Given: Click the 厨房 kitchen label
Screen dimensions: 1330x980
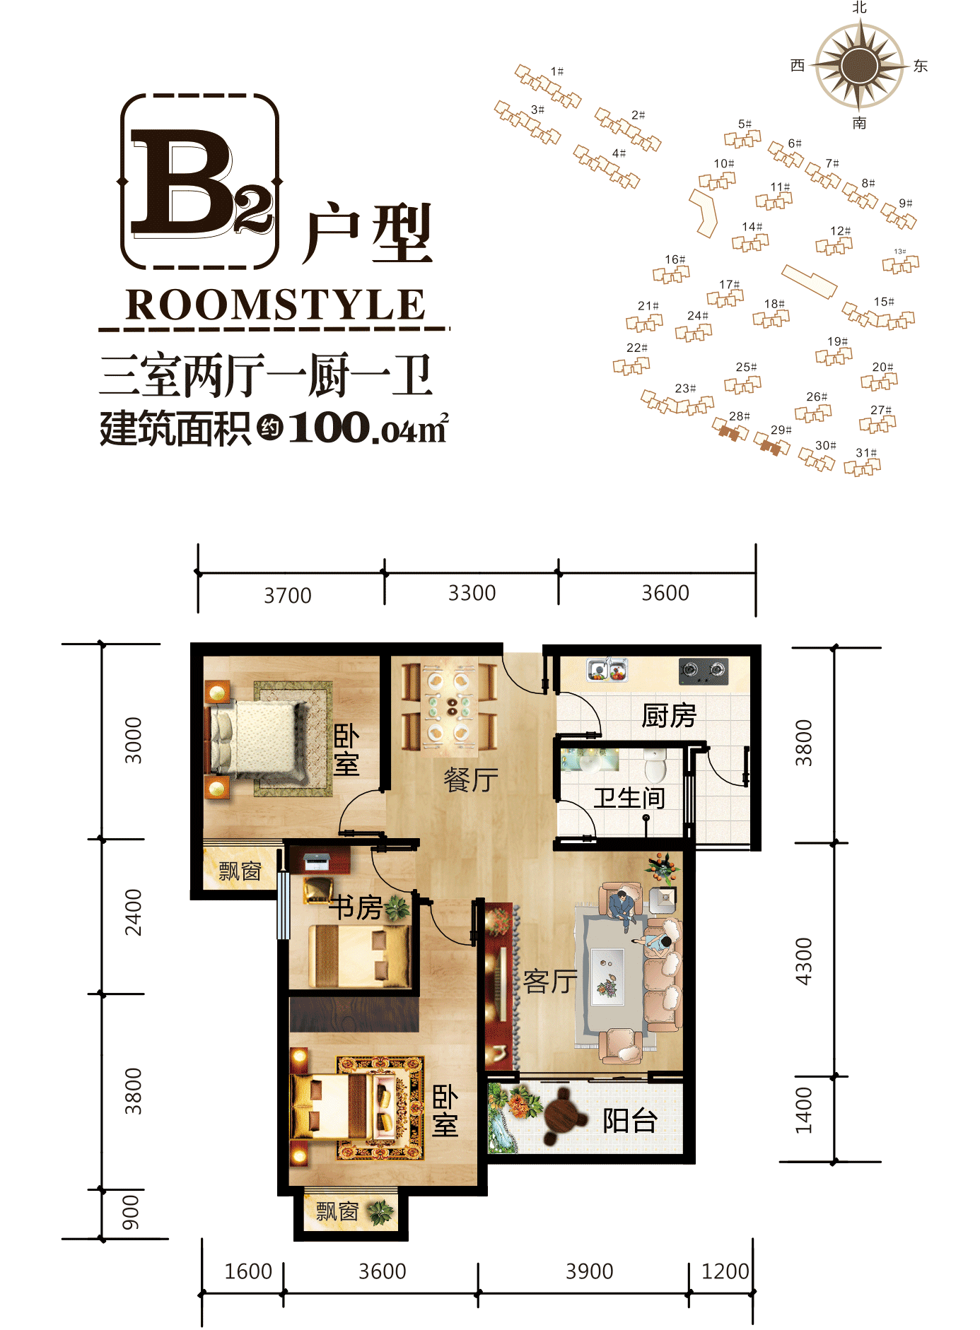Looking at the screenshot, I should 668,716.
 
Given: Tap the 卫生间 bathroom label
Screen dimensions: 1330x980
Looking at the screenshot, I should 629,798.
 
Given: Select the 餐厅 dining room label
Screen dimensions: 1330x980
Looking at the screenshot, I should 471,780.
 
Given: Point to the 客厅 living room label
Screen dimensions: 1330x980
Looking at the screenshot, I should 550,981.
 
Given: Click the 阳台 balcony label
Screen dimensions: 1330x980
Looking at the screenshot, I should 630,1120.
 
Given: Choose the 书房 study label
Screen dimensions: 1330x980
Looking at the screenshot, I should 356,907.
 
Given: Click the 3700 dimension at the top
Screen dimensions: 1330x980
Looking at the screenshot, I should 287,596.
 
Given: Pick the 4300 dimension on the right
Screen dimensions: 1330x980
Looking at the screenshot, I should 804,960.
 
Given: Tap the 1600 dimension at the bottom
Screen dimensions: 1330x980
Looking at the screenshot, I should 247,1271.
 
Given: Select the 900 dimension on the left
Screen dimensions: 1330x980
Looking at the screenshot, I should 132,1213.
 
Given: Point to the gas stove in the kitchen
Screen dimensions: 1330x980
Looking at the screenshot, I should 703,670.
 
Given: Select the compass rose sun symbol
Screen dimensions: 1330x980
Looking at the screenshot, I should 859,66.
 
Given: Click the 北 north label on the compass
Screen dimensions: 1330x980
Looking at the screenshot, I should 859,8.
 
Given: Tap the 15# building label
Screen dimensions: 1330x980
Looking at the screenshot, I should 883,302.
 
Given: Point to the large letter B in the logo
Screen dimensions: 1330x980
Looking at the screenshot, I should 182,182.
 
